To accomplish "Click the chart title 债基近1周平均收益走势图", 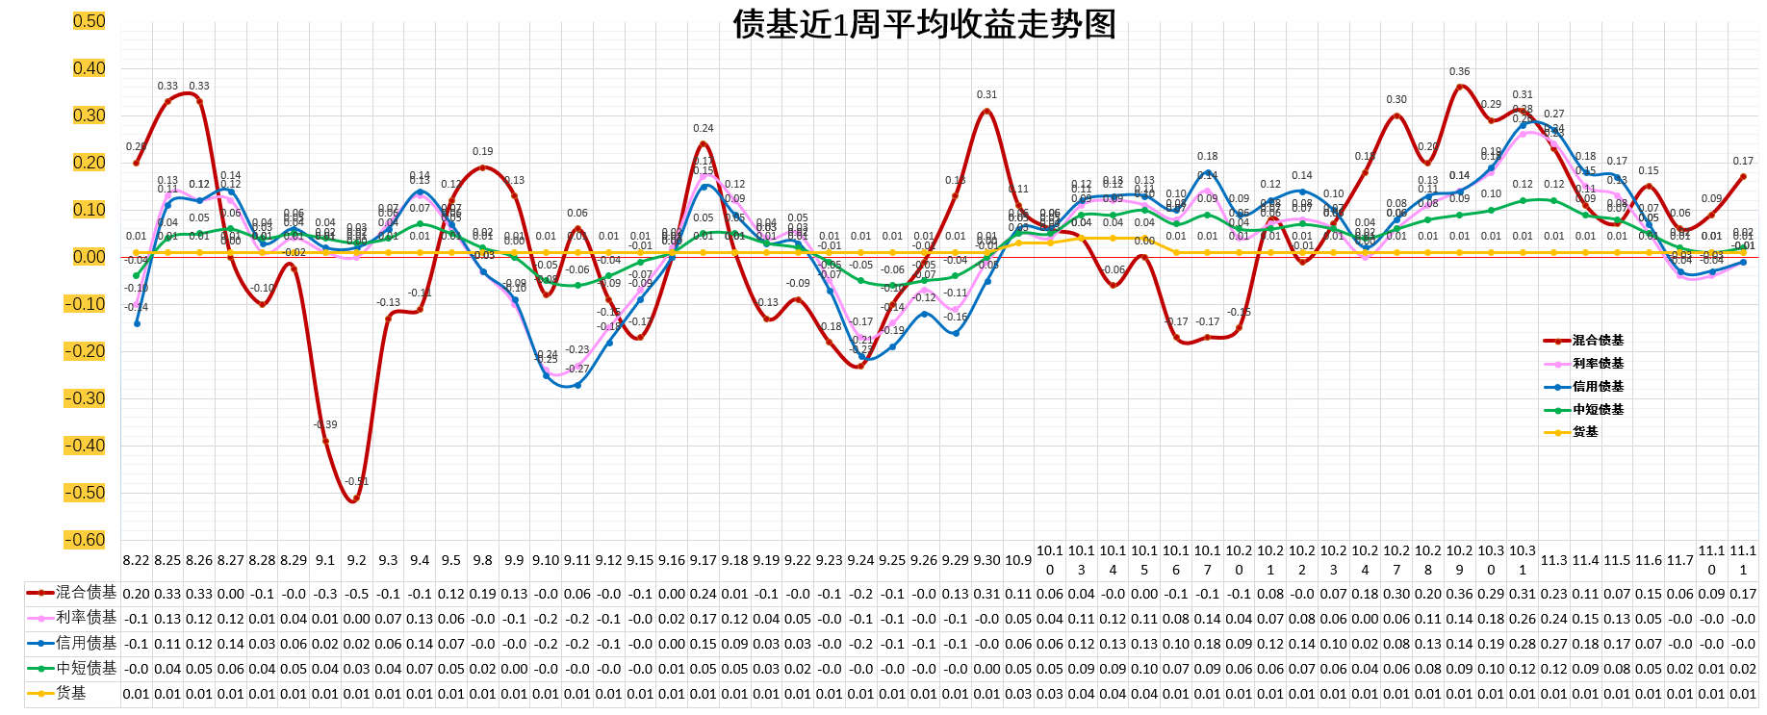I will click(924, 24).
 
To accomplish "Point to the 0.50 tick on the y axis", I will click(89, 21).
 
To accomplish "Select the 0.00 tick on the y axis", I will click(89, 257).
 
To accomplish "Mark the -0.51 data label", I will click(357, 481).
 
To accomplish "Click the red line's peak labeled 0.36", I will click(1459, 87).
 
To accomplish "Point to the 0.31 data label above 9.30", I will click(986, 94).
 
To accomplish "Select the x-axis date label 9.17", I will click(703, 560).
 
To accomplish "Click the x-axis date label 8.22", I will click(136, 560).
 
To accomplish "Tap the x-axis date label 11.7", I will click(1679, 560).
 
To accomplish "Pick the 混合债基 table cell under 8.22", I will click(136, 594).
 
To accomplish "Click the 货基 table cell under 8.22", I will click(136, 693).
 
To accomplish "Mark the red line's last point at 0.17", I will click(1742, 177).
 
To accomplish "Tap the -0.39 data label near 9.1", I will click(325, 424).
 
